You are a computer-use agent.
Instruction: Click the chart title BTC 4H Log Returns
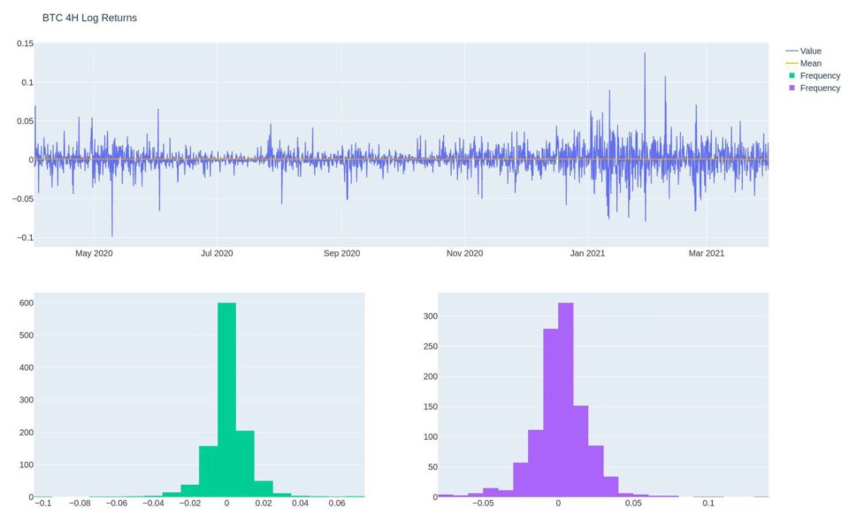(89, 18)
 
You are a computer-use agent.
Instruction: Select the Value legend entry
(810, 51)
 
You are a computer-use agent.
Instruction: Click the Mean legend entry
(810, 64)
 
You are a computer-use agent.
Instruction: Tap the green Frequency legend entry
(820, 76)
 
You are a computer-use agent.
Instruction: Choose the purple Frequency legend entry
(820, 88)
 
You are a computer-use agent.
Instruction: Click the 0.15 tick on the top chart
(25, 43)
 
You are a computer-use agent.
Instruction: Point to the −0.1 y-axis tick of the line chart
(23, 237)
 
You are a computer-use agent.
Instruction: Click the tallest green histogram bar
(226, 398)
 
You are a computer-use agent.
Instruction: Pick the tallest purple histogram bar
(566, 398)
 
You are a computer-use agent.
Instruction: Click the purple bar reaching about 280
(550, 412)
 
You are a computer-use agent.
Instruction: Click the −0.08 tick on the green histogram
(80, 504)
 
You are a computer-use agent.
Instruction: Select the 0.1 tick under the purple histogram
(708, 504)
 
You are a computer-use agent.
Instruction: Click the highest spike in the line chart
(645, 54)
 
